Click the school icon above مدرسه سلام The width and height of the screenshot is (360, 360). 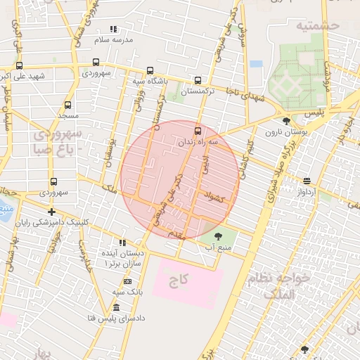[x=113, y=30]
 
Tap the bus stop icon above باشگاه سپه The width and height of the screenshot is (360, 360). [x=150, y=70]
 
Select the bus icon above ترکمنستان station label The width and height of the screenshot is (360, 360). [x=198, y=80]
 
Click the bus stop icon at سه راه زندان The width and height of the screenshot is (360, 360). [x=197, y=130]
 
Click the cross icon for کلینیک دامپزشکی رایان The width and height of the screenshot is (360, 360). [x=51, y=211]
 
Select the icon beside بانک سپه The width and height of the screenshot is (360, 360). [x=127, y=281]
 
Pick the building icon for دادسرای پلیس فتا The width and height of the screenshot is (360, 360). [x=116, y=308]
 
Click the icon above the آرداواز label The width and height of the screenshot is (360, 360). [x=306, y=181]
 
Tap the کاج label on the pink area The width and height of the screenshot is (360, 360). [x=179, y=281]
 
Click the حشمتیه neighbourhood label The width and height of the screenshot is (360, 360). [x=318, y=25]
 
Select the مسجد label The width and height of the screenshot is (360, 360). [x=68, y=115]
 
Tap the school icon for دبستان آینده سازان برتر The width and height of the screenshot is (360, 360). [x=123, y=243]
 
